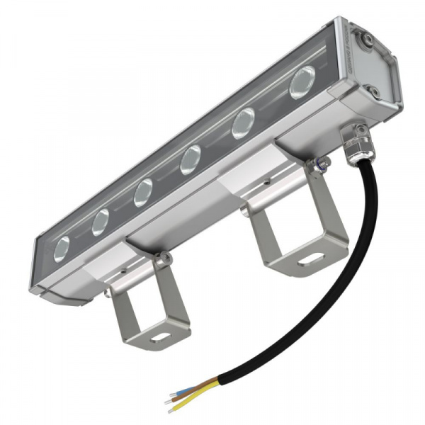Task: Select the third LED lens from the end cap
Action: point(190,160)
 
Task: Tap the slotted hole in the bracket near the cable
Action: point(309,261)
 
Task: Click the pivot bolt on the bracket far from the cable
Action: point(163,260)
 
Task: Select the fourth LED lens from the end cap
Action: point(144,191)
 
